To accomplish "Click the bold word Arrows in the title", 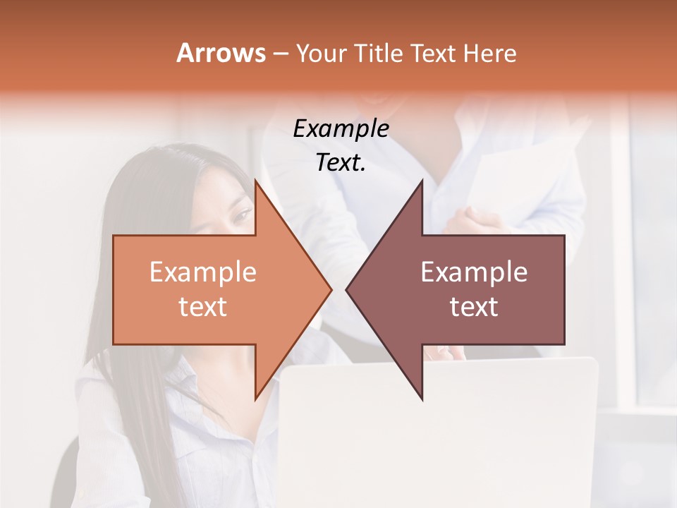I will (x=221, y=53).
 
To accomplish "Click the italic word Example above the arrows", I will (x=341, y=129).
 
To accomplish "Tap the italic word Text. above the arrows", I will (x=341, y=163).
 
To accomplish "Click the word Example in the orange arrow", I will (x=203, y=272).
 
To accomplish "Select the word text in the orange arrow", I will (x=203, y=306).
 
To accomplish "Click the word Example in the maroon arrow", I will (x=474, y=272).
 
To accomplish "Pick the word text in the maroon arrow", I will (x=474, y=306).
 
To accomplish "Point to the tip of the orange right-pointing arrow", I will (x=331, y=289).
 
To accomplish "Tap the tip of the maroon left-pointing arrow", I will (x=346, y=289).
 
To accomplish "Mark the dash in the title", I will (x=280, y=54).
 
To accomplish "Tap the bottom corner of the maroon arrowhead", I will (x=422, y=400).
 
